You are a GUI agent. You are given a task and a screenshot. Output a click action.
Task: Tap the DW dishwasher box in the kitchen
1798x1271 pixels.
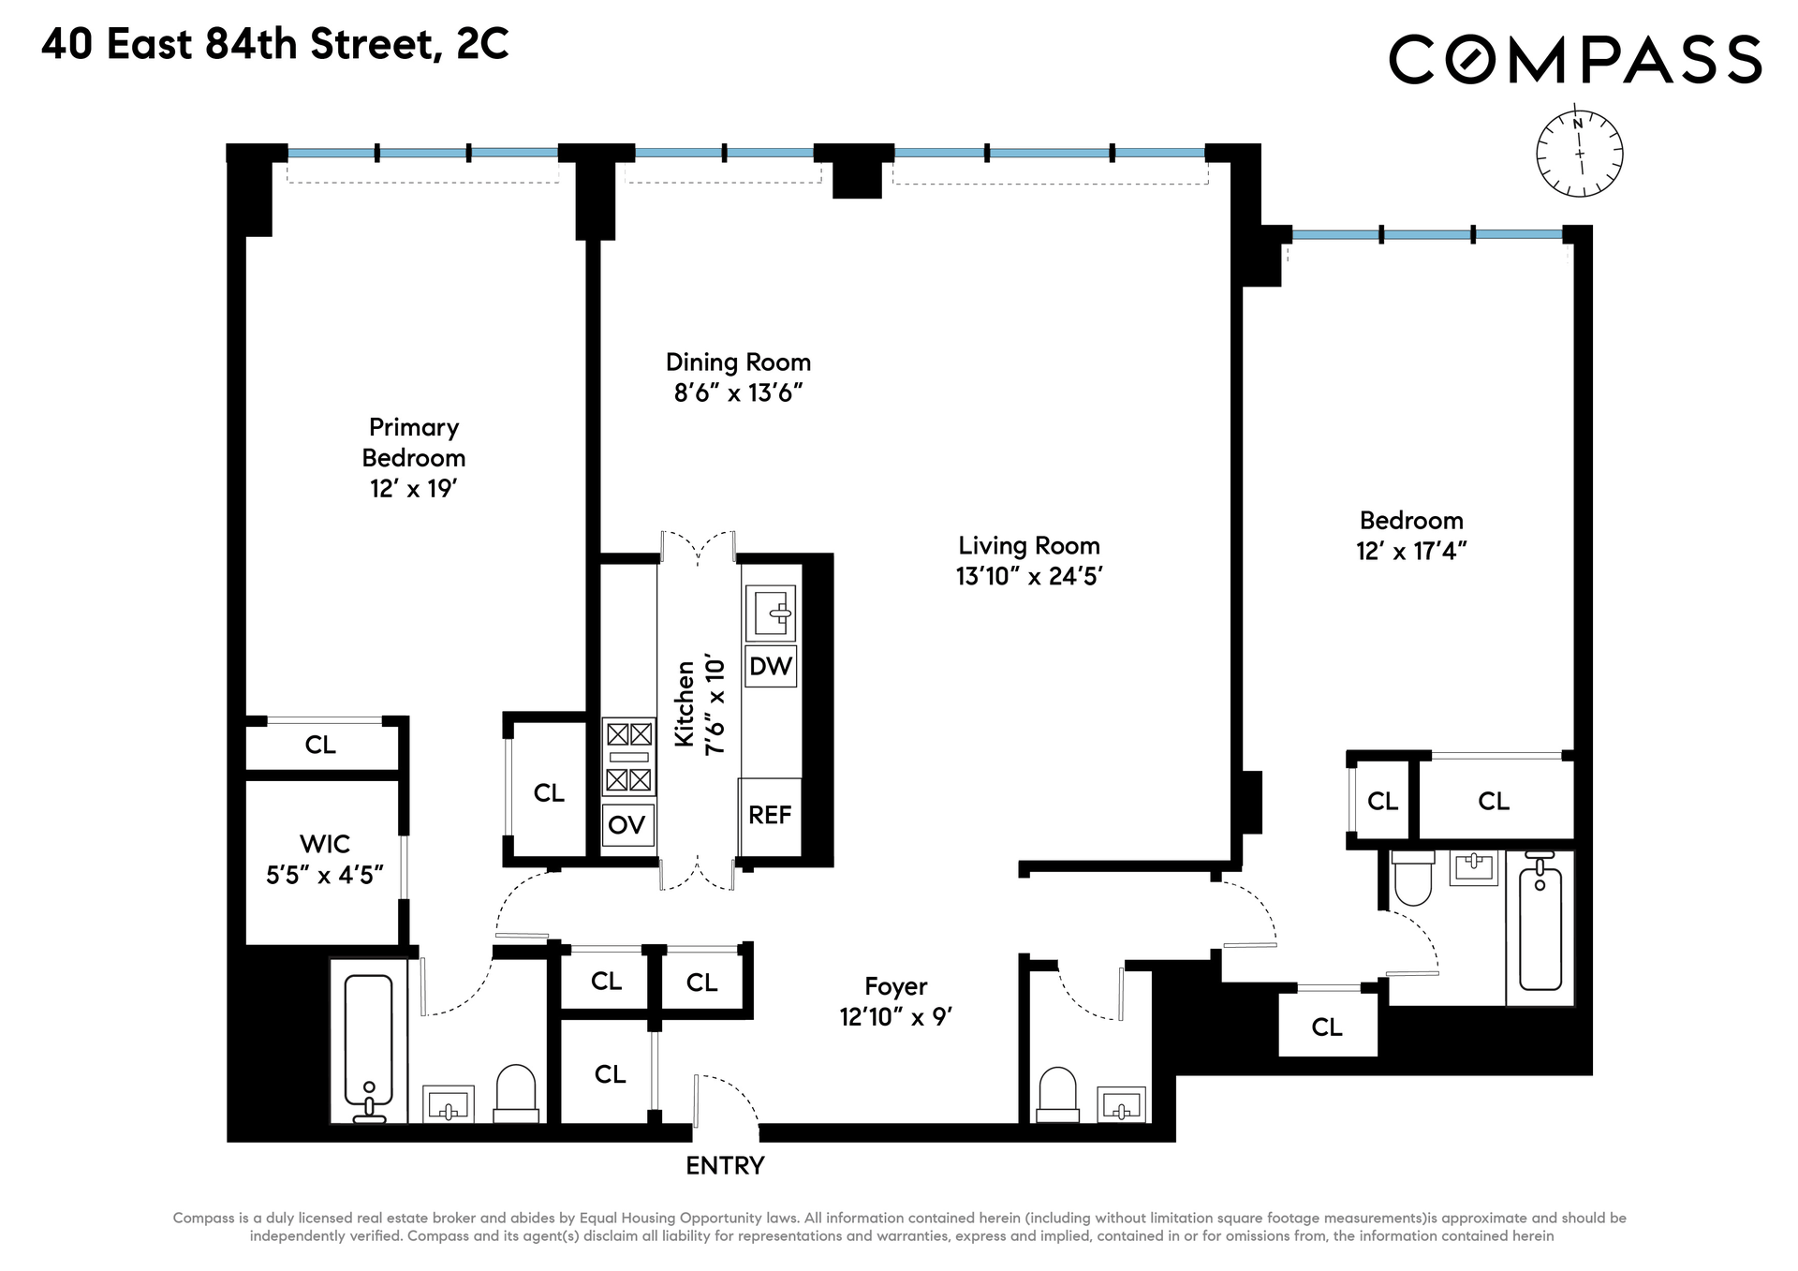771,666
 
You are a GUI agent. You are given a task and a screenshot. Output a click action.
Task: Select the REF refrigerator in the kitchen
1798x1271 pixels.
770,816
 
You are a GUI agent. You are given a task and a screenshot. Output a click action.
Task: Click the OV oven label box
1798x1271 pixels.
627,825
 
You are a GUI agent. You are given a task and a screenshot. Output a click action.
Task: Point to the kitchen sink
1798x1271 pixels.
771,613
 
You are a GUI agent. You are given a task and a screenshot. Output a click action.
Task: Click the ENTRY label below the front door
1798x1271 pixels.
725,1165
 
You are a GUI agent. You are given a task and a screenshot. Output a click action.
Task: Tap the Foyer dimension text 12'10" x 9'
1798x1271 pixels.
896,1016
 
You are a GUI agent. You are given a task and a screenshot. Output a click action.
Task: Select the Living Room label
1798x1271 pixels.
1029,545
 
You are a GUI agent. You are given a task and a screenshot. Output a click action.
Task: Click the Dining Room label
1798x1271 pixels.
738,362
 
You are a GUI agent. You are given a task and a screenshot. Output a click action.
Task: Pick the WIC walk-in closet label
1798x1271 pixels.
325,844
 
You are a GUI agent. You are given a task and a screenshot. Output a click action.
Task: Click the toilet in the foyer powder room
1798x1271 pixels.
1058,1094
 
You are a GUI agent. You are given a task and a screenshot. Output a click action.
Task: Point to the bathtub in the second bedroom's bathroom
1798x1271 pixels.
1540,928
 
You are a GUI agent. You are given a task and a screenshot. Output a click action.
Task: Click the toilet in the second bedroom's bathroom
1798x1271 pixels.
1413,878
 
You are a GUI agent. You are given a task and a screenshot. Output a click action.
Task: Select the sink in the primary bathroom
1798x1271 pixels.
449,1104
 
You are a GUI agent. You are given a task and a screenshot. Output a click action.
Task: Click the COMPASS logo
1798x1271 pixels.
1575,59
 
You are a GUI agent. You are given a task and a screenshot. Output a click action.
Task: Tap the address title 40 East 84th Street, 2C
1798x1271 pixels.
275,44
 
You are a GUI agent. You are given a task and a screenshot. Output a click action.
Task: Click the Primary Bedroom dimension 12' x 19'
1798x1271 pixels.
413,488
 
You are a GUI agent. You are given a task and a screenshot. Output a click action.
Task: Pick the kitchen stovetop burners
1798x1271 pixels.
628,757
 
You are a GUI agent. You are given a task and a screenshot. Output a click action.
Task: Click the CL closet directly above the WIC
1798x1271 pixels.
320,745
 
